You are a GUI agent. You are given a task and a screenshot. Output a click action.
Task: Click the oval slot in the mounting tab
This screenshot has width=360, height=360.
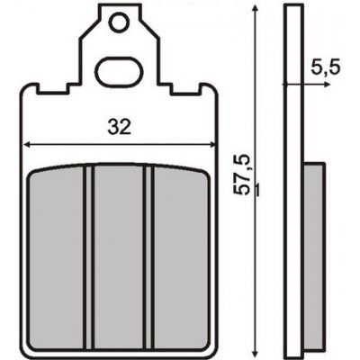119,73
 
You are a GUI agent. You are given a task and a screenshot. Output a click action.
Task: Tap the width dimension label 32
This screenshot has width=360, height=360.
120,127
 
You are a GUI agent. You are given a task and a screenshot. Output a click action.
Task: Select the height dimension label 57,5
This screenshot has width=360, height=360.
242,175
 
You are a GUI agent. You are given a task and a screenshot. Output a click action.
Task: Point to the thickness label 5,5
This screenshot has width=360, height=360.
326,68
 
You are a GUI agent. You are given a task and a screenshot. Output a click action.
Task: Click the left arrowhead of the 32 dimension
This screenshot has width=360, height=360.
27,145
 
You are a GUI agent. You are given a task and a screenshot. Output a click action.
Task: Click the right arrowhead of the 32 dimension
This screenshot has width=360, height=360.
212,145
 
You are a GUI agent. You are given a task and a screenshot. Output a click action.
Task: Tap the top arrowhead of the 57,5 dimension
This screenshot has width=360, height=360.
255,8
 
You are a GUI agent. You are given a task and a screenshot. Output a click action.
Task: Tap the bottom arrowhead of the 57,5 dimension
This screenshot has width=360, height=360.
255,351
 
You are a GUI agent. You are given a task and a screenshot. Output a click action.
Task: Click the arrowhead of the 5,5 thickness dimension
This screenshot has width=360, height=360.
327,85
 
